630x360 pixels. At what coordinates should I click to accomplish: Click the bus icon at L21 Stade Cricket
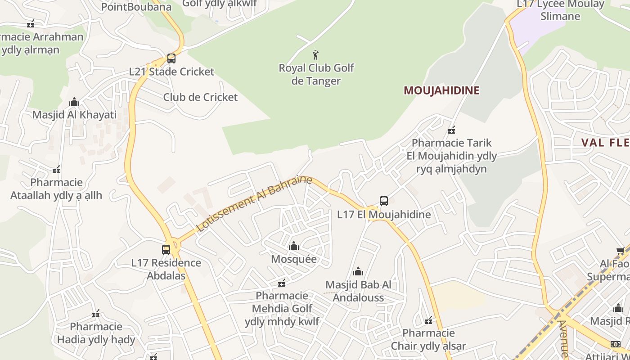point(171,58)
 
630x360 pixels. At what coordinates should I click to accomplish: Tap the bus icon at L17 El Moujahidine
point(383,201)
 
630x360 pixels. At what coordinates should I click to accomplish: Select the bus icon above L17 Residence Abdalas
point(166,249)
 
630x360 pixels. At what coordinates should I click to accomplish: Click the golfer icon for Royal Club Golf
point(315,55)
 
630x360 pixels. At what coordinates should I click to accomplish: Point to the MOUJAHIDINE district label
point(441,90)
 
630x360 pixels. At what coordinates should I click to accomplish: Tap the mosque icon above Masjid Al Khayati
point(74,102)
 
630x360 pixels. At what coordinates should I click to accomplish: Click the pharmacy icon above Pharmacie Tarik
point(451,130)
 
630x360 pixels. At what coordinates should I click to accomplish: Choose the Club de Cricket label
point(200,97)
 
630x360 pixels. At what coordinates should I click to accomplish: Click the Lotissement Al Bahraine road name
point(254,203)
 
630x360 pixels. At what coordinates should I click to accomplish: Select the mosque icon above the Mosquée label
point(294,246)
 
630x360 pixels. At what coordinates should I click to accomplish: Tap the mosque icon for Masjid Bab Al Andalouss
point(358,271)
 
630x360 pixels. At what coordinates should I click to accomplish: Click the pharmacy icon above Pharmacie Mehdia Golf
point(282,283)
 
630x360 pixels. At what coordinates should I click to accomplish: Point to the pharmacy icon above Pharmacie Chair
point(428,320)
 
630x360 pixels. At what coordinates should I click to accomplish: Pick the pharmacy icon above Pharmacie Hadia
point(96,314)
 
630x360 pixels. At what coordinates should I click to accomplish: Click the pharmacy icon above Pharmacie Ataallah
point(56,170)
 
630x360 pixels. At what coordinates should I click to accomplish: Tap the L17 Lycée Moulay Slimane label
point(560,10)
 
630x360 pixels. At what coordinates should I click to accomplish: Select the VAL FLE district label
point(605,143)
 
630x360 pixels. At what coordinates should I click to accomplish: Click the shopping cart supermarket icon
point(620,251)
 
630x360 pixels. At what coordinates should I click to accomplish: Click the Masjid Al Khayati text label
point(74,115)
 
